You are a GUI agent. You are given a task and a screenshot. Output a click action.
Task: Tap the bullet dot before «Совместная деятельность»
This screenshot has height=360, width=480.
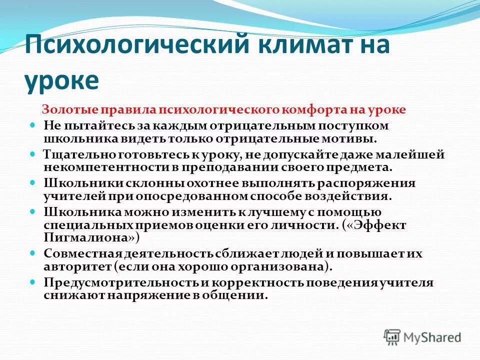tap(33, 253)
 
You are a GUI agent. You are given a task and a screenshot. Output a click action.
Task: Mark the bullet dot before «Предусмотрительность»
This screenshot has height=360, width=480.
tap(33, 282)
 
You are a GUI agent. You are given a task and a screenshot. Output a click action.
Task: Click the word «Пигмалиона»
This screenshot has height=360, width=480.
tap(84, 238)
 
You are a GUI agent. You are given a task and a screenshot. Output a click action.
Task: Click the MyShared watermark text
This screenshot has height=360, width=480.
tap(433, 338)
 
